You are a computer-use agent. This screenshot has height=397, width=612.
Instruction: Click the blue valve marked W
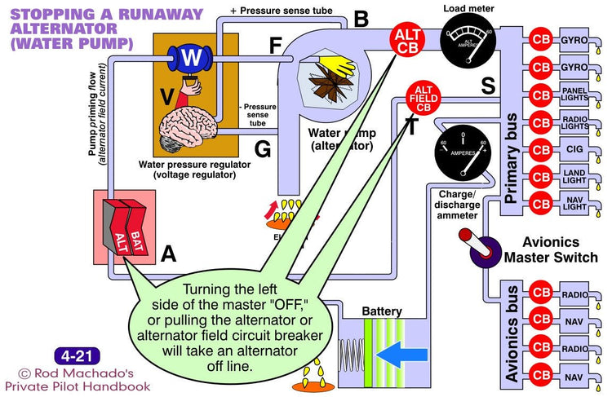(189, 59)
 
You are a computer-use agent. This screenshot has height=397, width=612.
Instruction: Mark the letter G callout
(261, 149)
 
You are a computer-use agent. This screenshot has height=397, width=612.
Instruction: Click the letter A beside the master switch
(167, 254)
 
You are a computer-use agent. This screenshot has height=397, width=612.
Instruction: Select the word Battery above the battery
(382, 311)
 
